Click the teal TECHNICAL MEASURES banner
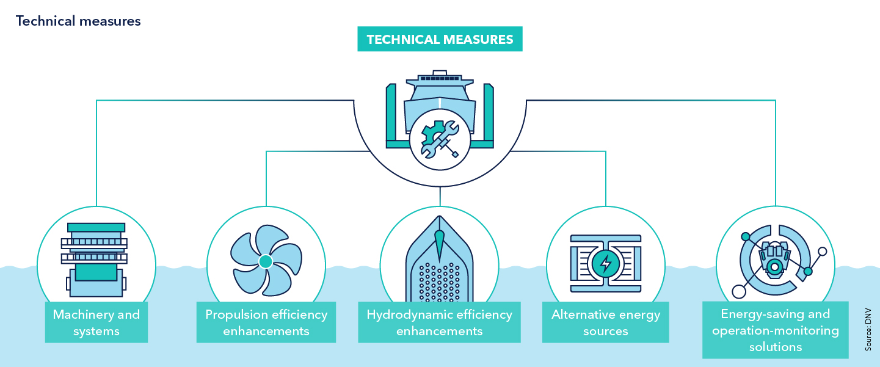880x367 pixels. [440, 39]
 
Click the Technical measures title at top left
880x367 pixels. [78, 21]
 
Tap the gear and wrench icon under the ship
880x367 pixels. [440, 140]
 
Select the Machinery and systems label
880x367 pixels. [96, 323]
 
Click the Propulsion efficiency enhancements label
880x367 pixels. [266, 323]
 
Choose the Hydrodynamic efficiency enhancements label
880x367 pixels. [440, 323]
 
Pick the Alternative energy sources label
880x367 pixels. [606, 323]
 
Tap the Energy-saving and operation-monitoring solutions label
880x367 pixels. [775, 330]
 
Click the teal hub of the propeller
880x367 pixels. [265, 262]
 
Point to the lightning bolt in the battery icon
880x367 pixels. [606, 263]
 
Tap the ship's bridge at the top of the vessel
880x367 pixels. [440, 78]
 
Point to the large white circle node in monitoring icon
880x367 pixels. [739, 291]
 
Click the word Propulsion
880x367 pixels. [235, 315]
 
